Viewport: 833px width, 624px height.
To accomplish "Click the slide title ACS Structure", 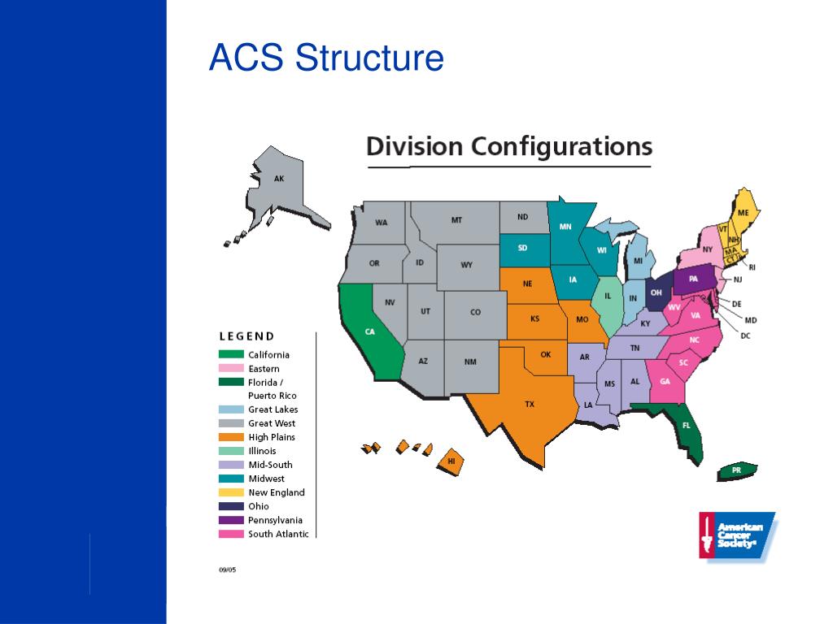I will tap(326, 58).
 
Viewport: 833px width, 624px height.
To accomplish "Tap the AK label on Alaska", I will tap(279, 179).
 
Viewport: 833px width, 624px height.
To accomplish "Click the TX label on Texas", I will tap(530, 404).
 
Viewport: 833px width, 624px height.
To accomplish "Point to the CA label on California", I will tap(369, 331).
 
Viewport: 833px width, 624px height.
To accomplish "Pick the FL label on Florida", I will tap(686, 425).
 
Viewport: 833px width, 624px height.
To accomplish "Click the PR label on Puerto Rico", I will tap(736, 470).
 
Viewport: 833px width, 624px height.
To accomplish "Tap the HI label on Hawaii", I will tap(451, 461).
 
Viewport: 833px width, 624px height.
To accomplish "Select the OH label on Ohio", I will tap(656, 292).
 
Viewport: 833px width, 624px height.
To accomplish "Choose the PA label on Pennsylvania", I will tap(693, 279).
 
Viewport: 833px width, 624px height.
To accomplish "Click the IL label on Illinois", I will tap(607, 297).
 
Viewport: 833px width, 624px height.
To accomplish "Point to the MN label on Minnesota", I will tap(565, 227).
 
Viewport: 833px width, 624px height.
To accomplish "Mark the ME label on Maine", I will tap(743, 213).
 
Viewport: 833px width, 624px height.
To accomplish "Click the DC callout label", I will tap(745, 335).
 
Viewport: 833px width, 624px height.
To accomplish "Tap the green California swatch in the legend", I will tap(231, 354).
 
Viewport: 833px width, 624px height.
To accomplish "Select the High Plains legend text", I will tap(272, 437).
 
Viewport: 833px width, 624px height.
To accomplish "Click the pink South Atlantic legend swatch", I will tap(231, 534).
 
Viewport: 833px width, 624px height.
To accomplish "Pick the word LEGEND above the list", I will tap(246, 336).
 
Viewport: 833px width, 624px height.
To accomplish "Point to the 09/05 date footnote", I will tap(227, 570).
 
